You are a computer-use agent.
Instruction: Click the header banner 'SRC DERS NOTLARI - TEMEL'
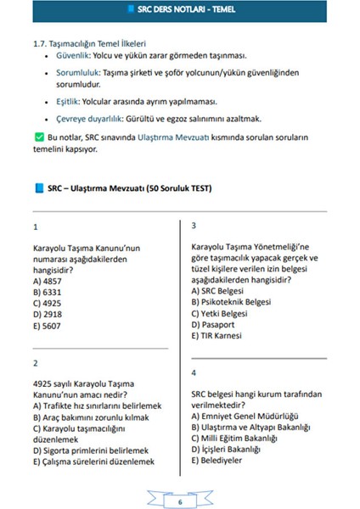coord(180,11)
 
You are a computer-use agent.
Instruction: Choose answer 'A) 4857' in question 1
coord(48,281)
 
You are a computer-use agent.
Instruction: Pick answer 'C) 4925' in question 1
coord(48,303)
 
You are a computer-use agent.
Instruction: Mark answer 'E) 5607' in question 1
coord(48,324)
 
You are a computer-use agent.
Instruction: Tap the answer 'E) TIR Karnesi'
coord(218,334)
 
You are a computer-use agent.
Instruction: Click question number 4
coord(194,372)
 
